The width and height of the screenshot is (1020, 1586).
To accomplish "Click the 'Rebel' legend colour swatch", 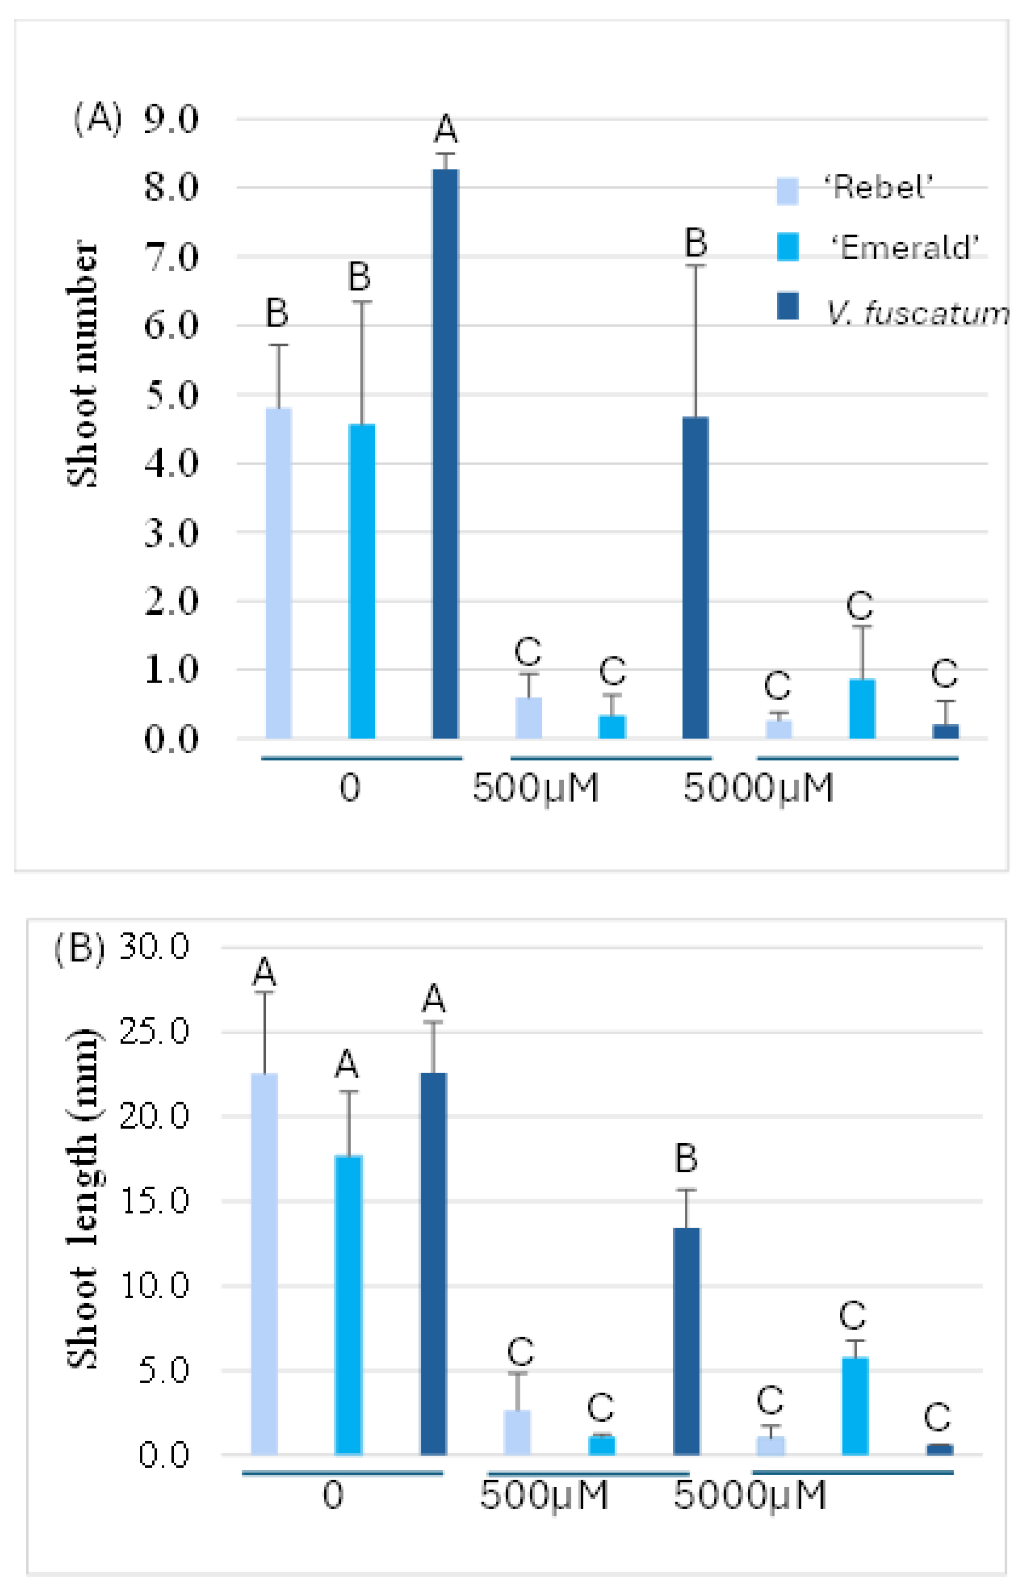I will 787,191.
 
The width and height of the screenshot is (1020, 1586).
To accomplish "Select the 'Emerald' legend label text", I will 905,248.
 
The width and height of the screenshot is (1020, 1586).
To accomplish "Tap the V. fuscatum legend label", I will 918,313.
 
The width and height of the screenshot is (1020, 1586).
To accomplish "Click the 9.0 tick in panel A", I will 171,120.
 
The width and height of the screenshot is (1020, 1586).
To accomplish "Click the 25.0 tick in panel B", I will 154,1032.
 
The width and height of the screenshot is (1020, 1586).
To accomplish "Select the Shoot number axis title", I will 83,364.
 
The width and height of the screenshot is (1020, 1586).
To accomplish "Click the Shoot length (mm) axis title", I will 83,1199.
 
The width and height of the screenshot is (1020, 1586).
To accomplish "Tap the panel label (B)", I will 79,948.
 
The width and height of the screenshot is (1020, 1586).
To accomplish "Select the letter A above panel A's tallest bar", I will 446,129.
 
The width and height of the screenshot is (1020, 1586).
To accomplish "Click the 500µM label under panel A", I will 535,788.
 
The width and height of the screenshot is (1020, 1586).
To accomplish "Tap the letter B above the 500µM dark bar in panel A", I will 695,243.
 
